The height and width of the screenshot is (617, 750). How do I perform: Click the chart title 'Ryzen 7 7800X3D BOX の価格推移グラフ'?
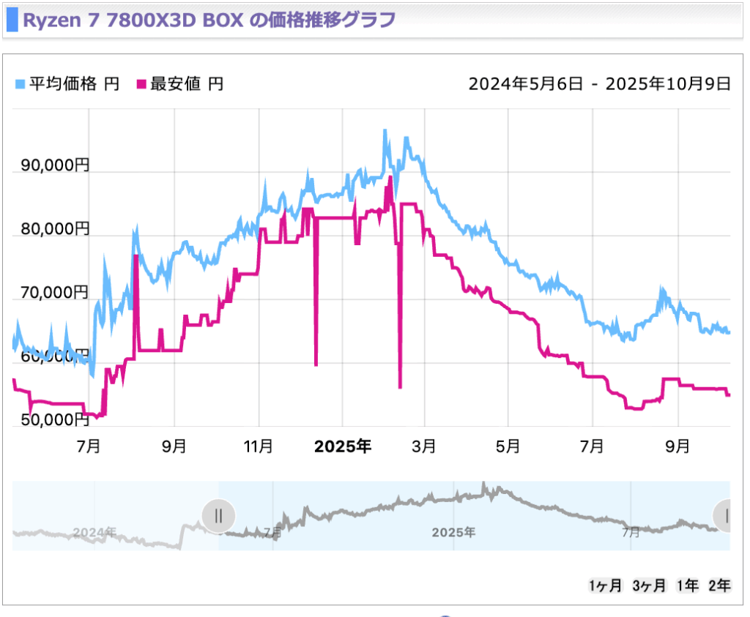(x=209, y=19)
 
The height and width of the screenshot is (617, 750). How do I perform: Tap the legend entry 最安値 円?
(x=180, y=84)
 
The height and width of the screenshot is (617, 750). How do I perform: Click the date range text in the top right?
(x=599, y=84)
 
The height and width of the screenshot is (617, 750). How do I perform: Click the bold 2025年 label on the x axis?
(x=342, y=446)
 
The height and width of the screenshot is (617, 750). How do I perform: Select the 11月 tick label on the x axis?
(x=259, y=446)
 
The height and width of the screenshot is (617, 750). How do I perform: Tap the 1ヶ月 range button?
(x=606, y=586)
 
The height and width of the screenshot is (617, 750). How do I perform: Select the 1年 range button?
(x=687, y=586)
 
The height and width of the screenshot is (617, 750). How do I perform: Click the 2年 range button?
(x=719, y=586)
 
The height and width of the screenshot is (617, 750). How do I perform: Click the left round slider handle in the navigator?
(x=218, y=515)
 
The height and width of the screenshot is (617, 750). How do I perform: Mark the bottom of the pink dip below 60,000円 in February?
(x=400, y=387)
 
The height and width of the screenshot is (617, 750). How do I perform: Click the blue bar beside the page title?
(x=11, y=19)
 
